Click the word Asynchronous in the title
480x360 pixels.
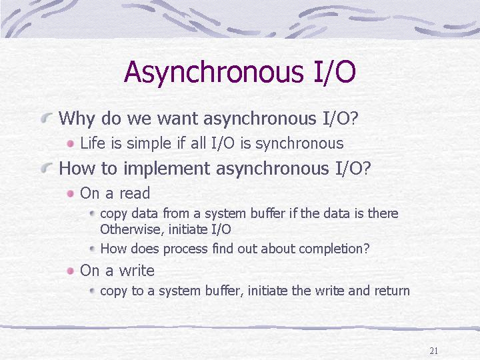tap(214, 72)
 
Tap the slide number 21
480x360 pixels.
tap(434, 351)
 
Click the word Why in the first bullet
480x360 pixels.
tap(76, 119)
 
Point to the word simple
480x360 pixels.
tap(149, 144)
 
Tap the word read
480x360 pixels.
tap(135, 193)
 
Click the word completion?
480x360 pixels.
tap(334, 249)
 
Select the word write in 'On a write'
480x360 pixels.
tap(137, 270)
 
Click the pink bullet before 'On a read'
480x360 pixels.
tap(71, 193)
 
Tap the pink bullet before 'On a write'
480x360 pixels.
tap(71, 271)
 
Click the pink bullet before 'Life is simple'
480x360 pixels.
tap(71, 143)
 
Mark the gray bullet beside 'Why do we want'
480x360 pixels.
tap(47, 117)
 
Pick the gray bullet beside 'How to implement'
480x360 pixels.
tap(47, 167)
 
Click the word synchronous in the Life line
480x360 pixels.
tap(299, 144)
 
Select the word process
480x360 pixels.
tap(185, 249)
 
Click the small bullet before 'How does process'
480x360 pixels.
tap(93, 249)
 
